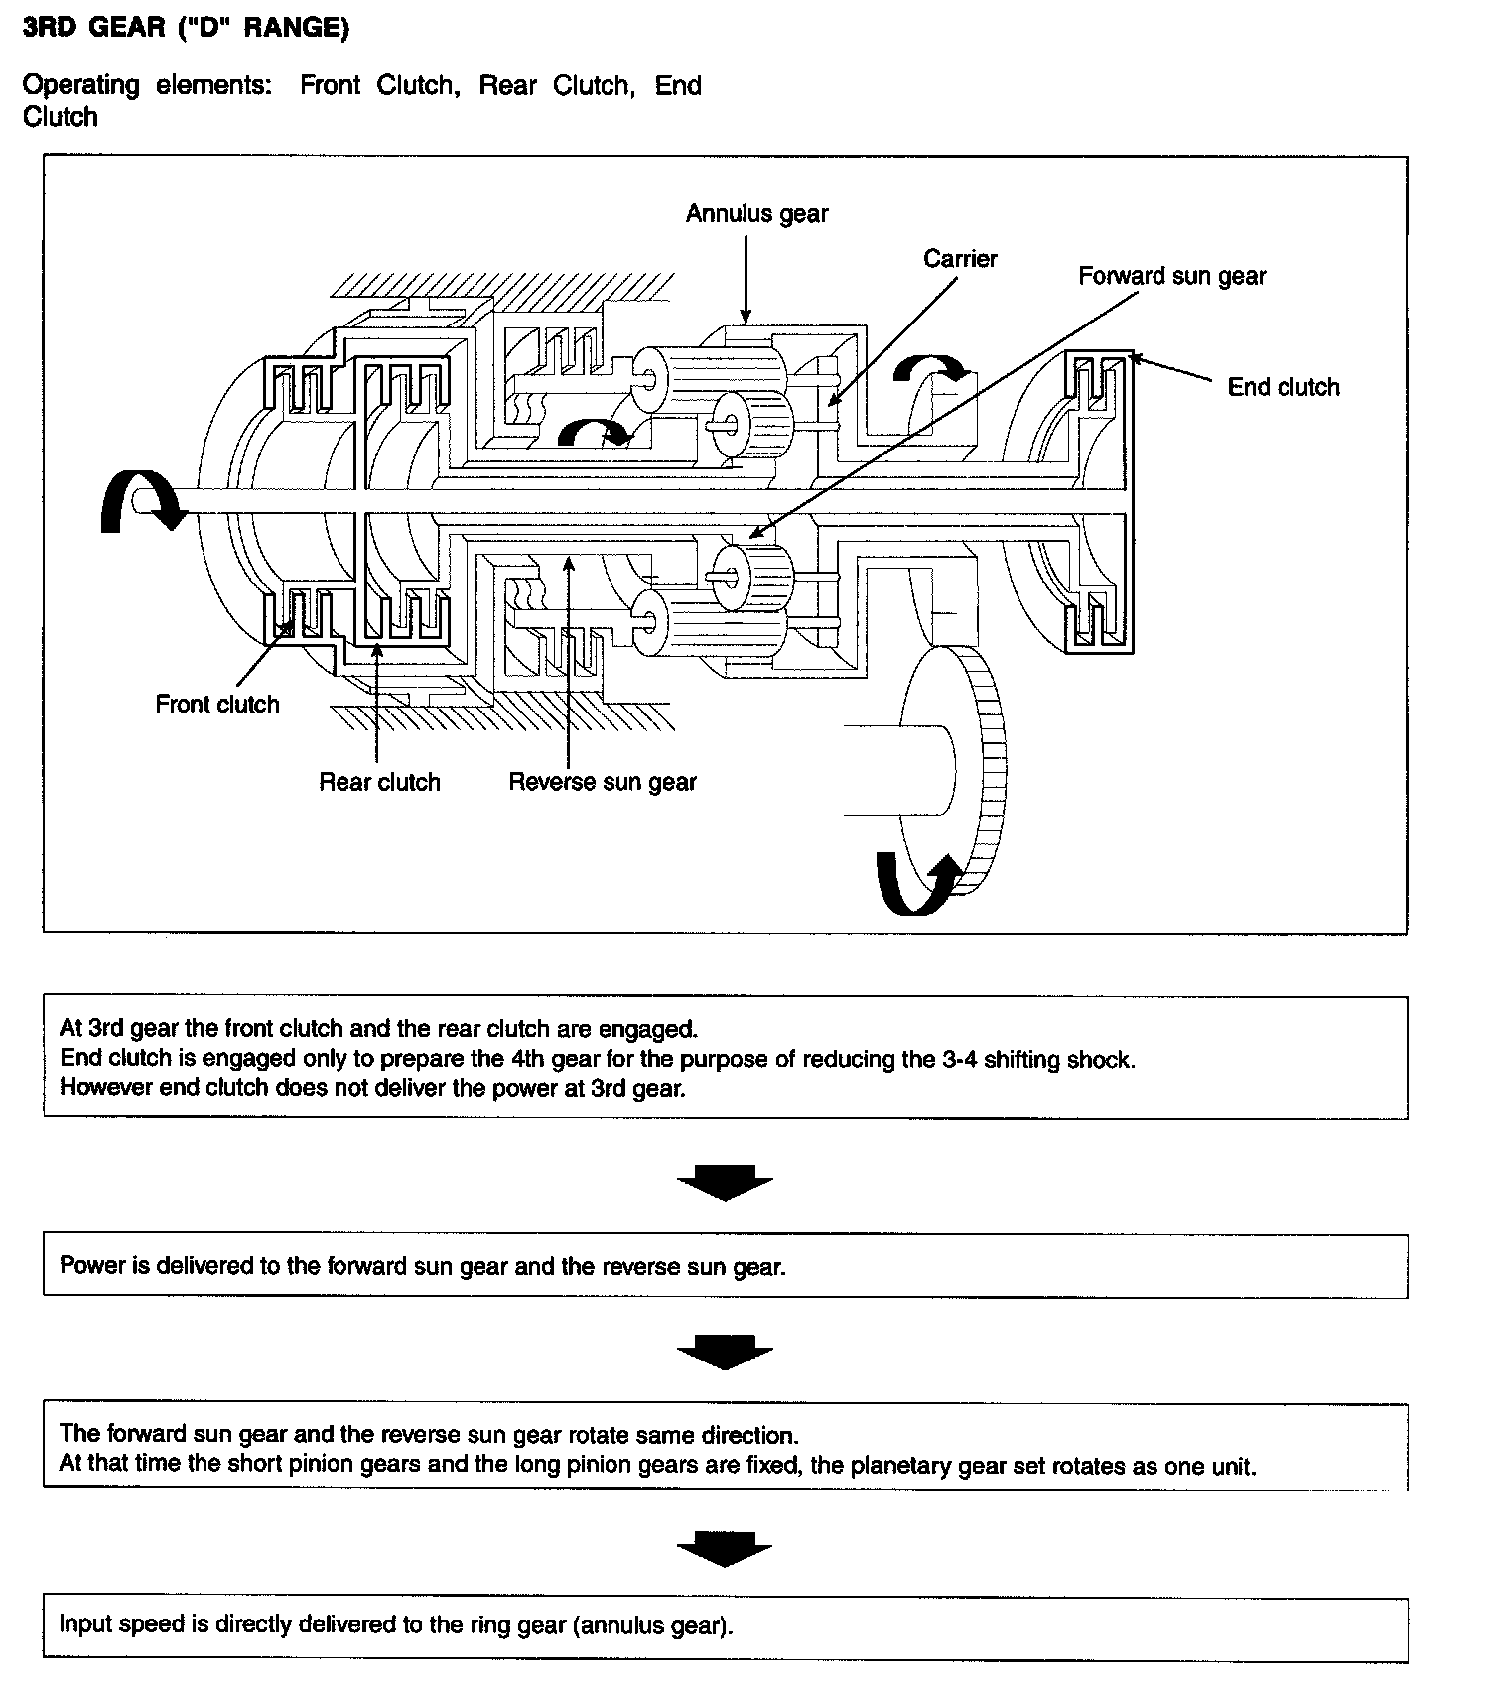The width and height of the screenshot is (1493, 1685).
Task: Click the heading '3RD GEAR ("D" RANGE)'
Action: [x=186, y=28]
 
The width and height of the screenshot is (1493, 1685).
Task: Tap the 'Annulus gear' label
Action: [x=756, y=214]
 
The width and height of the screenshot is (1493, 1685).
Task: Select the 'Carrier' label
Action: [x=960, y=259]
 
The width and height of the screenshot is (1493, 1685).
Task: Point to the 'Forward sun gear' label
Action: [x=1171, y=276]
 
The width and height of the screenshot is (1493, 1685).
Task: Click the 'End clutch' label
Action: [x=1283, y=387]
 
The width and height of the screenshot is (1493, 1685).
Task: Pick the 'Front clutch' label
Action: [x=217, y=705]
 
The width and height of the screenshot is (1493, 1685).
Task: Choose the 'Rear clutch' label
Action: [x=379, y=782]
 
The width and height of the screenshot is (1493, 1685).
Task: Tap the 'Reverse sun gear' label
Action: [x=603, y=782]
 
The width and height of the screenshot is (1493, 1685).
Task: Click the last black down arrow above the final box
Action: [x=725, y=1549]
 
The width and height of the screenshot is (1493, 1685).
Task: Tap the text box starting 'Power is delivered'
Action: [x=725, y=1266]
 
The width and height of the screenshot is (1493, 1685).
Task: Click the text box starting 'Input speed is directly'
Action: [x=725, y=1625]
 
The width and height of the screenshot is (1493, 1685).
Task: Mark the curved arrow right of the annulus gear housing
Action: [x=930, y=369]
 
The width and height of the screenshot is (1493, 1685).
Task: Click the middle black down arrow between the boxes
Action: [x=725, y=1353]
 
